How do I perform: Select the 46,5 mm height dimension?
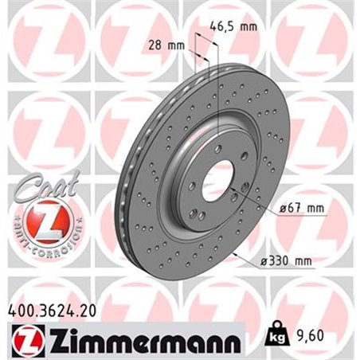[236, 27]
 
